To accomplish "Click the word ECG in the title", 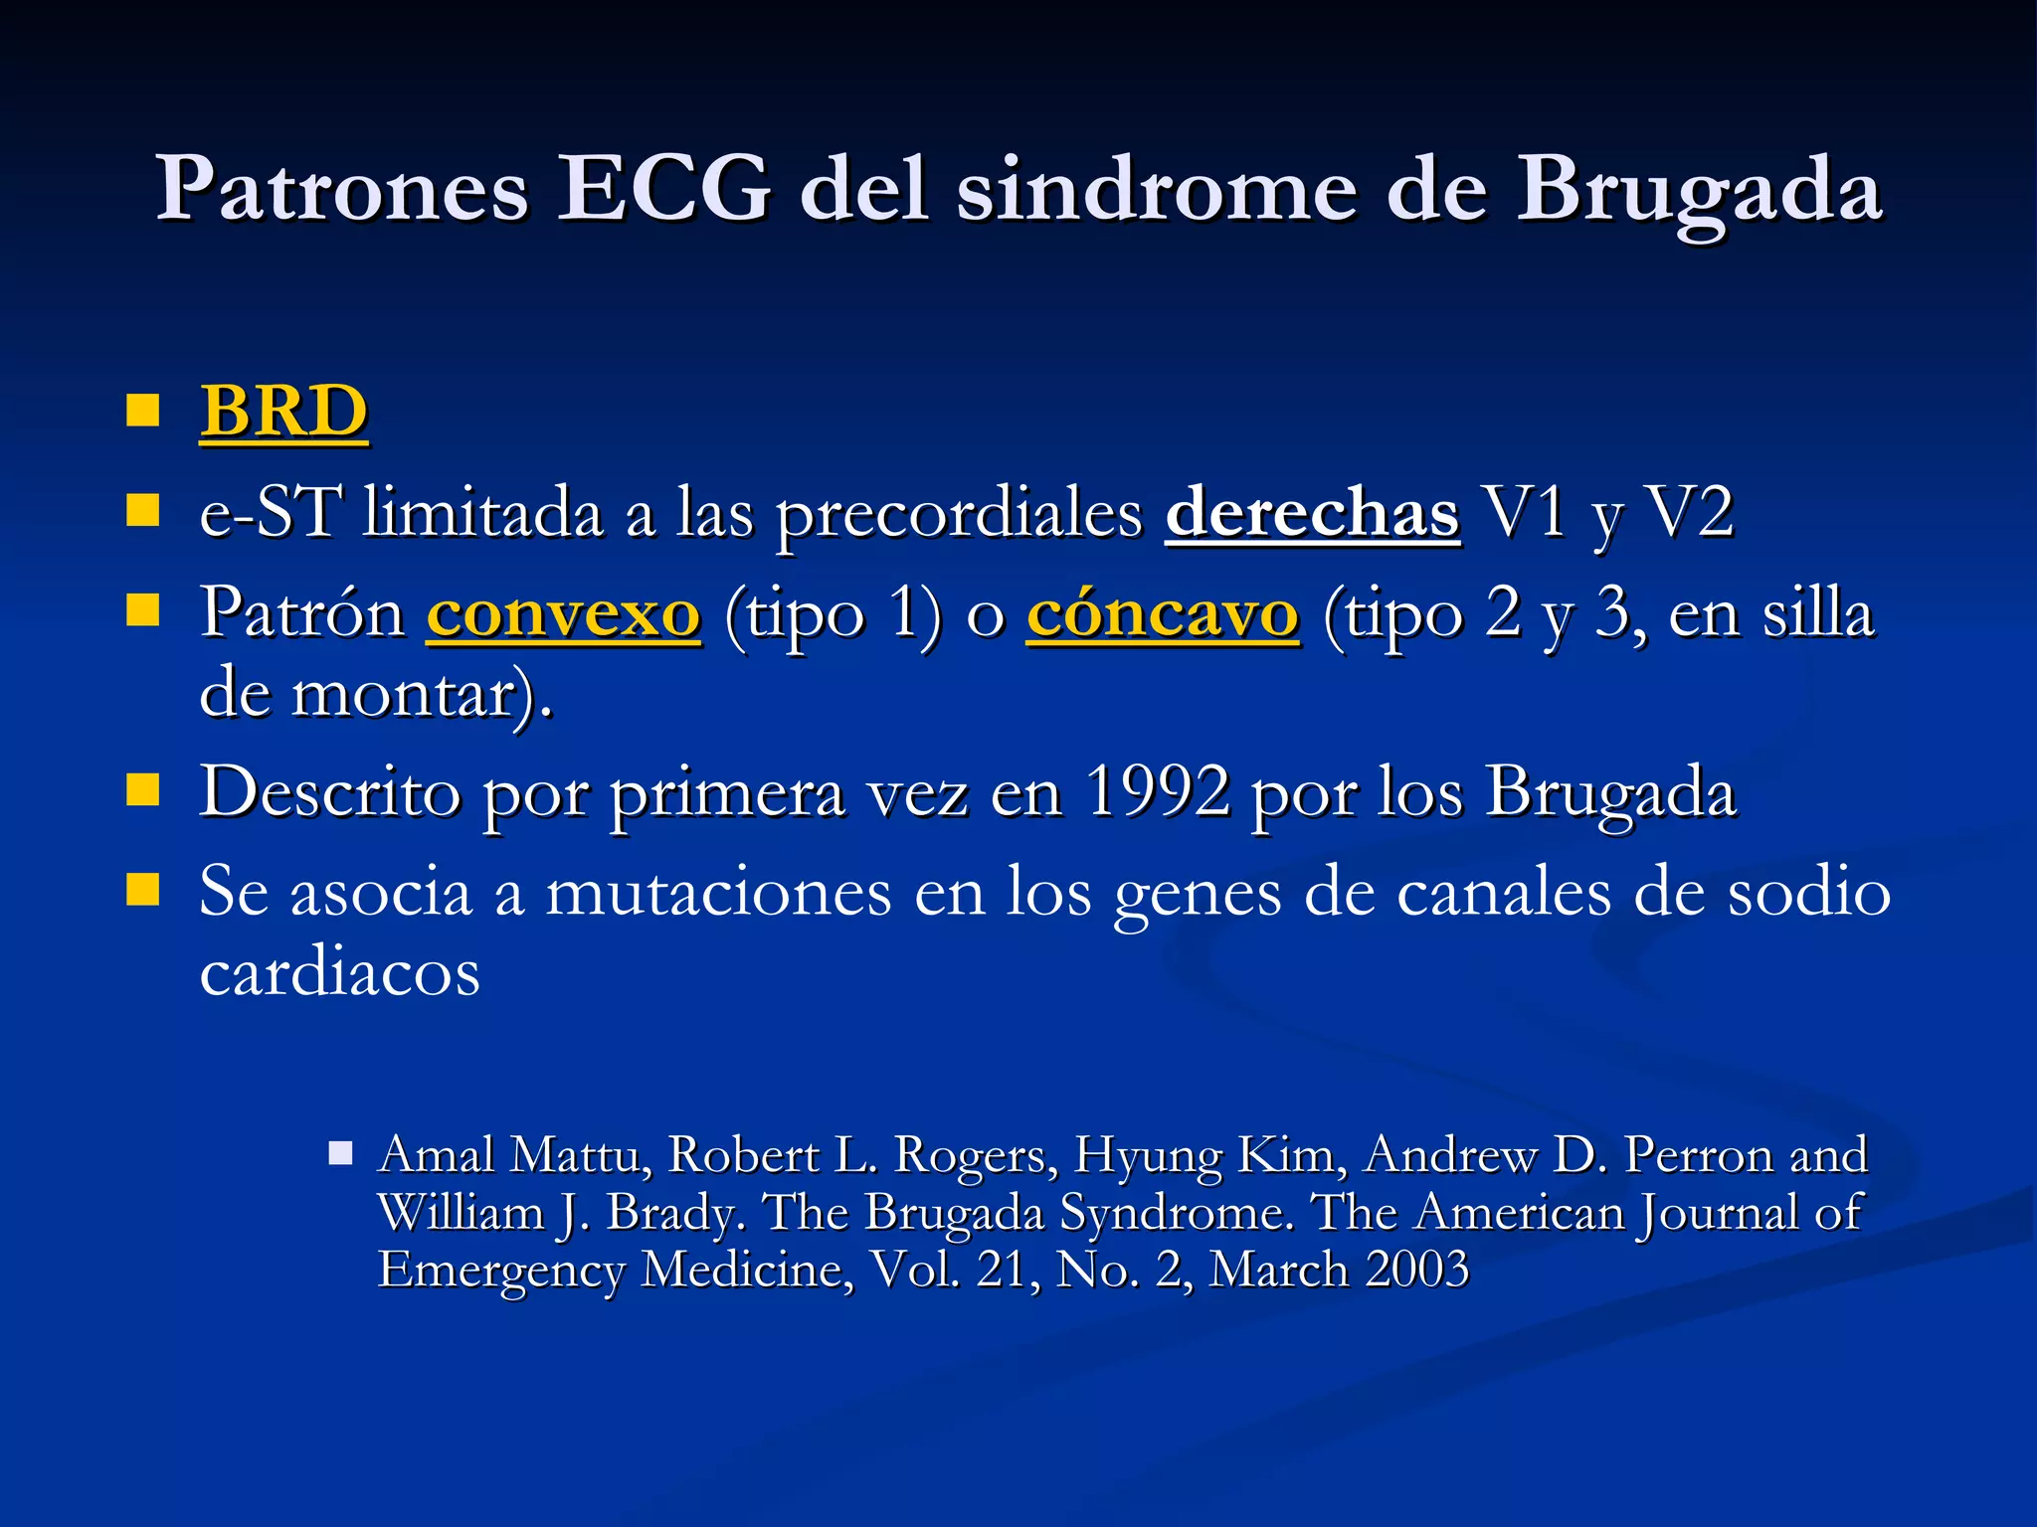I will coord(663,189).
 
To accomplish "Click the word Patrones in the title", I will coord(342,189).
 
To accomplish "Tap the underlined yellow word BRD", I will coord(284,411).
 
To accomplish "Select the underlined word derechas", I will coord(1312,513).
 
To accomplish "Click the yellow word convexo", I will coord(564,614).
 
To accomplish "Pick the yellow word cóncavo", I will coord(1163,614).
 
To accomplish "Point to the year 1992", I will coord(1157,792).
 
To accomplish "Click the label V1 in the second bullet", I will coord(1523,513).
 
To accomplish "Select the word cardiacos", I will coord(340,971).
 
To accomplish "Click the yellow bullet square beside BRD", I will coord(143,410).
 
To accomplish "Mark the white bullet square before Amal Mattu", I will coord(341,1153).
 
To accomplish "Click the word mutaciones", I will coord(718,892).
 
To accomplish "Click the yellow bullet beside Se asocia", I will coord(143,890).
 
